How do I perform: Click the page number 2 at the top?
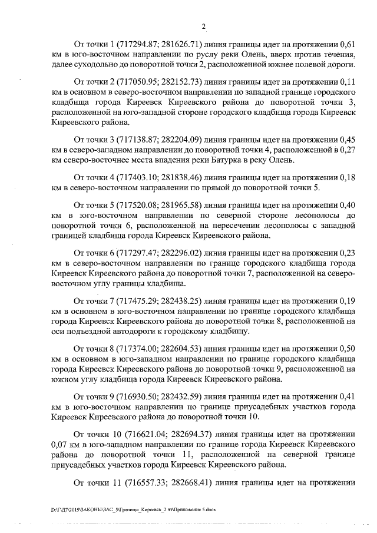203,27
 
